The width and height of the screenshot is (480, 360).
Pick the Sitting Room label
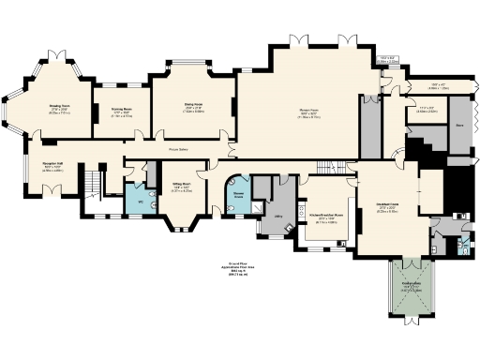182,184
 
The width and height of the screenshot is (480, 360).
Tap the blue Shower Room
238,196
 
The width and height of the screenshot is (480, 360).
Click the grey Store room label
460,123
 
